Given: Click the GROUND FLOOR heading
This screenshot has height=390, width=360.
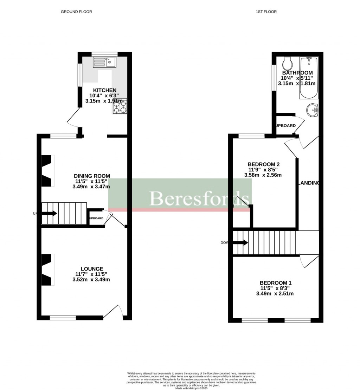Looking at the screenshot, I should pos(76,12).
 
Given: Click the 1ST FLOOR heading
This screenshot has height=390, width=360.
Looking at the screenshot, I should pos(266,12).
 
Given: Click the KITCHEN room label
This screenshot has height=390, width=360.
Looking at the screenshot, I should pos(104,90).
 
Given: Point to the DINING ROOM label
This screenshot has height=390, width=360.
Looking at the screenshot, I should pos(92,176).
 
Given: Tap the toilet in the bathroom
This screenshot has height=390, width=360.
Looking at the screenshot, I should pos(288,64).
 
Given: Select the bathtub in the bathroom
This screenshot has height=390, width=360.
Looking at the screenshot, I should pos(309,78).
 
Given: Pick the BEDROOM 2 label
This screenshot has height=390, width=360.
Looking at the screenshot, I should pos(264,164).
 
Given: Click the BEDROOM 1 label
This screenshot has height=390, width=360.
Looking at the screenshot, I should pos(275,283).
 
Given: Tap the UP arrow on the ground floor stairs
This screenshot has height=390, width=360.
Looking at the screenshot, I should pos(50,213).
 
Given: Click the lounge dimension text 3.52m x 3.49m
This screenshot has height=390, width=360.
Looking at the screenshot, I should pos(91,280).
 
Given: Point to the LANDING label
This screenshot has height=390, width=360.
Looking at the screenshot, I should pos(309,183).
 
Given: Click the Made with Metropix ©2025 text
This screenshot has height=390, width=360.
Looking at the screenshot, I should pos(191,388).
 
